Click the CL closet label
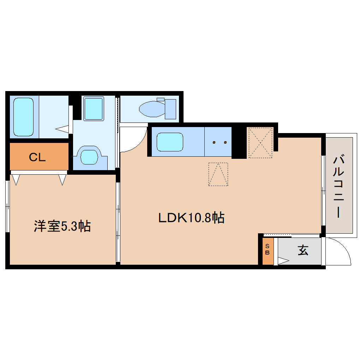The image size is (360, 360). pos(37,157)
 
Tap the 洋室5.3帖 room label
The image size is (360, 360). pos(62,226)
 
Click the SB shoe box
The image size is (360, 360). pos(268,250)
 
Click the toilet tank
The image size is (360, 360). pos(170,109)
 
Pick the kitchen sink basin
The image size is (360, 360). pos(170,142)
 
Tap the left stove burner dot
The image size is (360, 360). pos(214,143)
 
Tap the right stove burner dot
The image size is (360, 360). pos(225,143)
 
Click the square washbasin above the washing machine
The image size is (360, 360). pos(94,109)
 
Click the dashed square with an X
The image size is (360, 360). pos(260,142)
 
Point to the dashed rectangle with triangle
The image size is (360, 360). pos(218,174)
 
